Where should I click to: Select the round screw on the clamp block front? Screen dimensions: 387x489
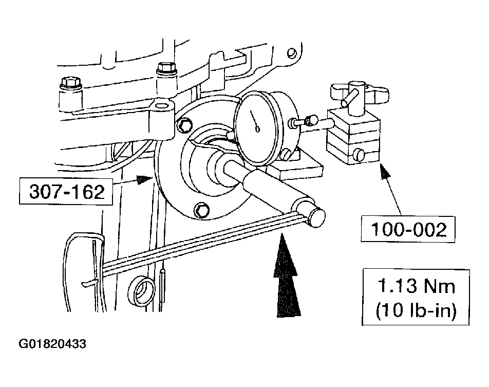pyautogui.click(x=359, y=154)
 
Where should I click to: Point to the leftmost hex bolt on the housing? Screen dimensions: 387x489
pyautogui.click(x=68, y=83)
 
